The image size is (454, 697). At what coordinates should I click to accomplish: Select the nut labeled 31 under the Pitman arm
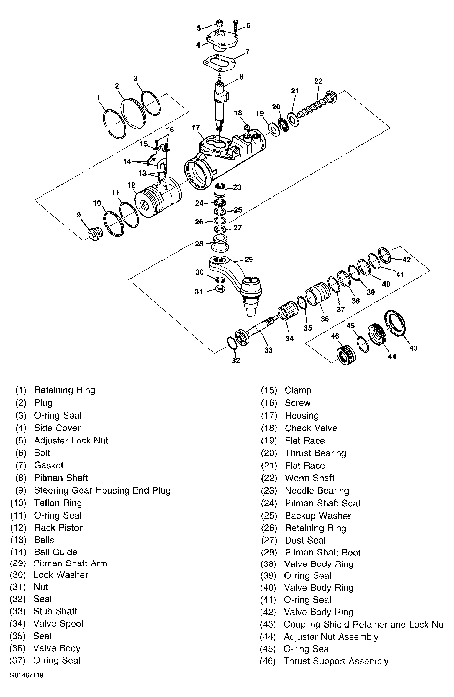(x=220, y=289)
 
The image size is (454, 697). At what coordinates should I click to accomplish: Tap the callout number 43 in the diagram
(x=413, y=348)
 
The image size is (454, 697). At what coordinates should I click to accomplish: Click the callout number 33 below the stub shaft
(x=268, y=350)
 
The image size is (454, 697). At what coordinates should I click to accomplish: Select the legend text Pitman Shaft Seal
(x=322, y=503)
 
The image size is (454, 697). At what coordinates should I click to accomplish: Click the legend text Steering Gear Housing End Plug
(x=102, y=490)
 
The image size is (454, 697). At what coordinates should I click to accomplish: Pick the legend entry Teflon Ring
(x=58, y=503)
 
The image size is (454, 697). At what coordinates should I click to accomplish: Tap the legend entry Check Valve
(x=311, y=428)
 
